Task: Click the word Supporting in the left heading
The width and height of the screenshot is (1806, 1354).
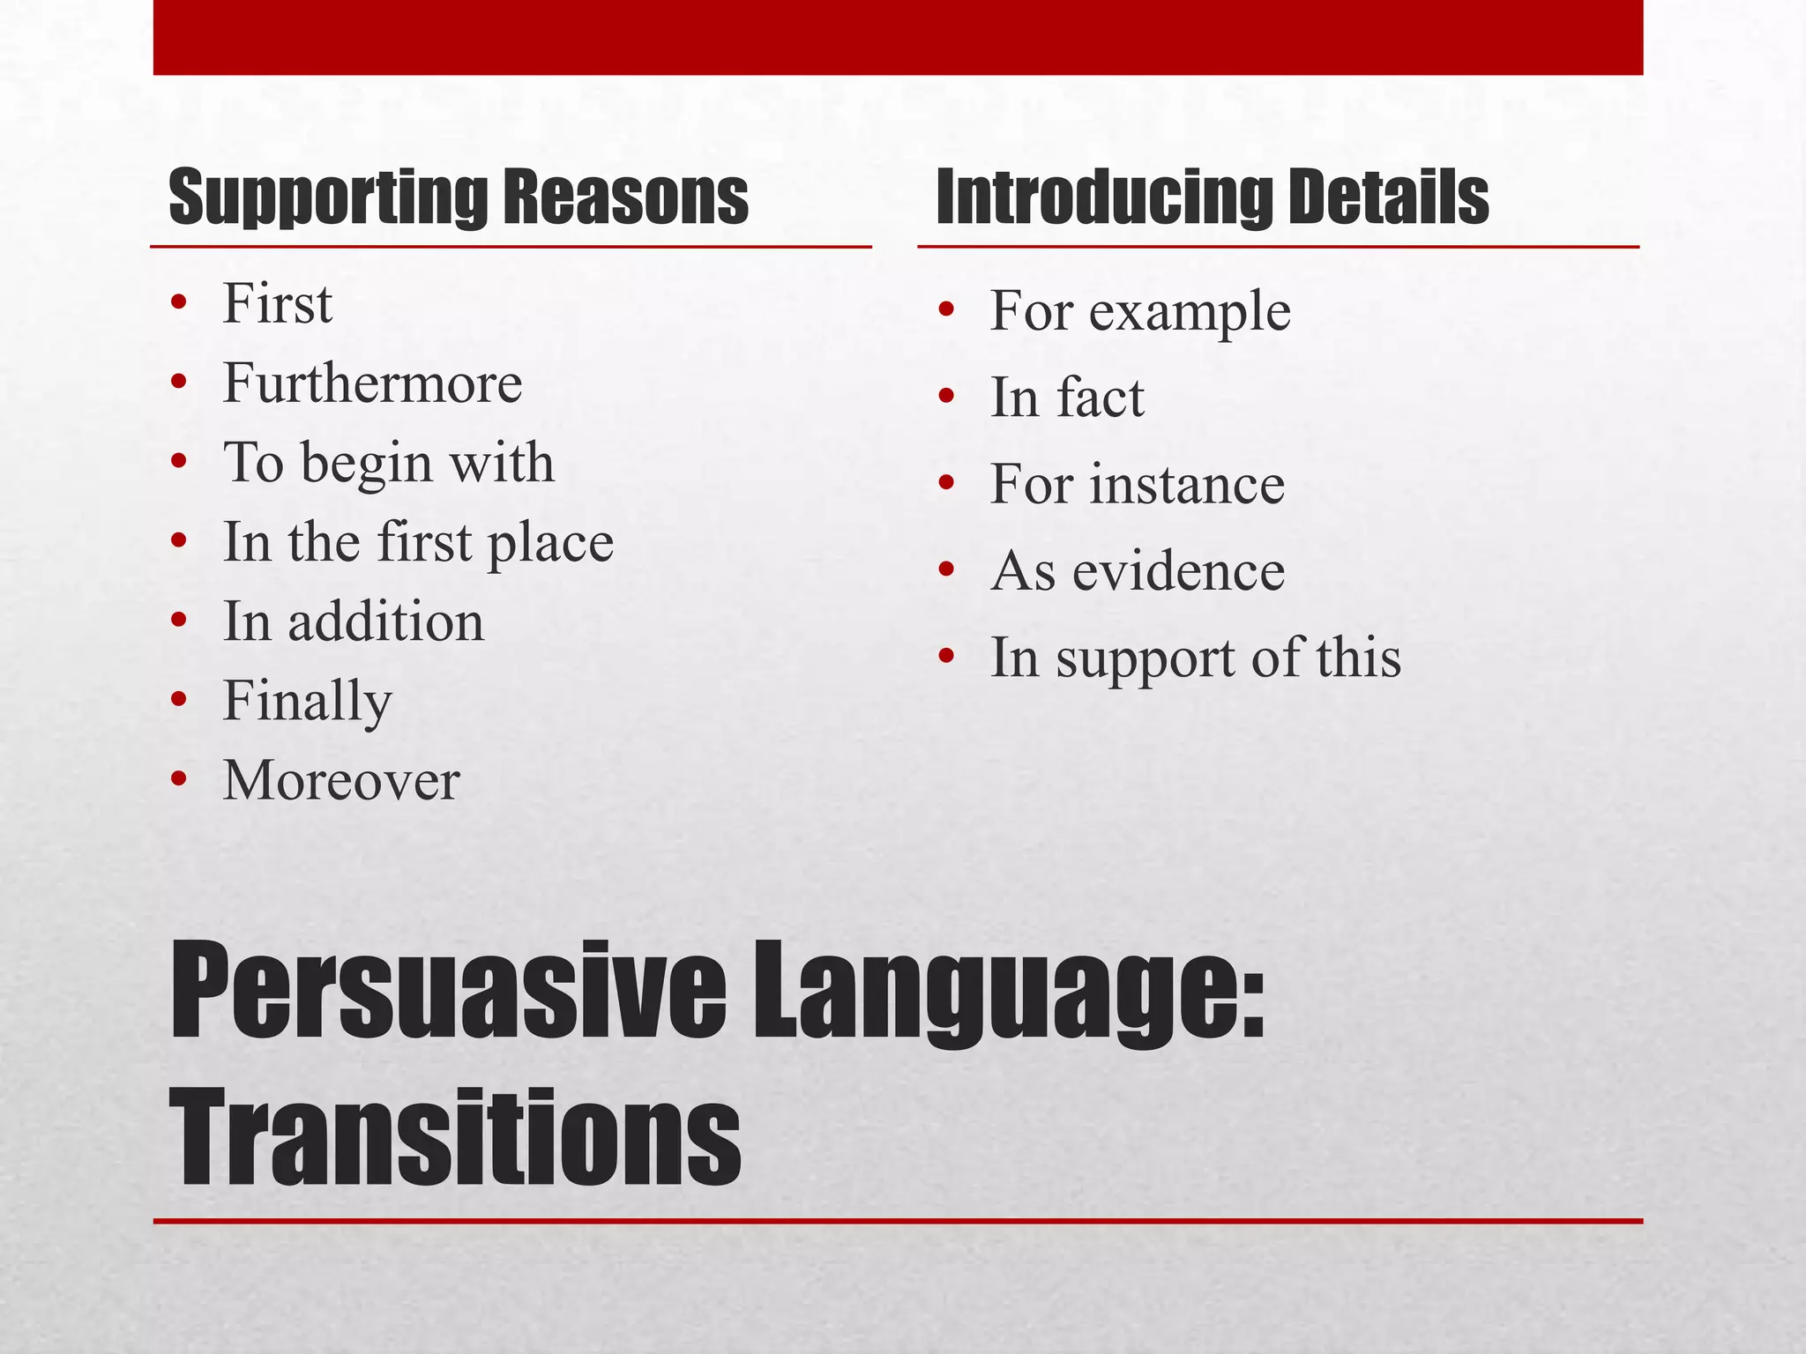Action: pos(328,198)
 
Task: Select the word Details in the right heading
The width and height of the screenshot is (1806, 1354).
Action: pos(1388,198)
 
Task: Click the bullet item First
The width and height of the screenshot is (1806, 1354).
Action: pos(277,304)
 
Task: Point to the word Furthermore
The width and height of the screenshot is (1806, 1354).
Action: pos(372,383)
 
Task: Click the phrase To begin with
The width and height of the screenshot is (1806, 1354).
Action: pos(388,463)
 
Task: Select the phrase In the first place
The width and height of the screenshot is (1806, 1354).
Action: pos(418,542)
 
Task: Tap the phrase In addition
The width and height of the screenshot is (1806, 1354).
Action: pos(353,621)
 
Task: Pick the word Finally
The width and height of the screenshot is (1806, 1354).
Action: pos(307,702)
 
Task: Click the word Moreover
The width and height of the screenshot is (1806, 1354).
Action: pos(340,781)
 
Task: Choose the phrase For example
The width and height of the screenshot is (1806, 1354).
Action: pos(1140,311)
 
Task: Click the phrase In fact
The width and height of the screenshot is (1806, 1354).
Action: pos(1067,398)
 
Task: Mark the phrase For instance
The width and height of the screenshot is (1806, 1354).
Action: pos(1137,484)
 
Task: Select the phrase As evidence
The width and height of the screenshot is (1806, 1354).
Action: pos(1137,571)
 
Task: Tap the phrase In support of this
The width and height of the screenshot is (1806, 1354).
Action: pos(1195,658)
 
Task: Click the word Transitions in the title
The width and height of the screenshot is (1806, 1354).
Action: pos(455,1137)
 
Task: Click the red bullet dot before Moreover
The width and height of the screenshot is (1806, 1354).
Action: pos(179,779)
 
